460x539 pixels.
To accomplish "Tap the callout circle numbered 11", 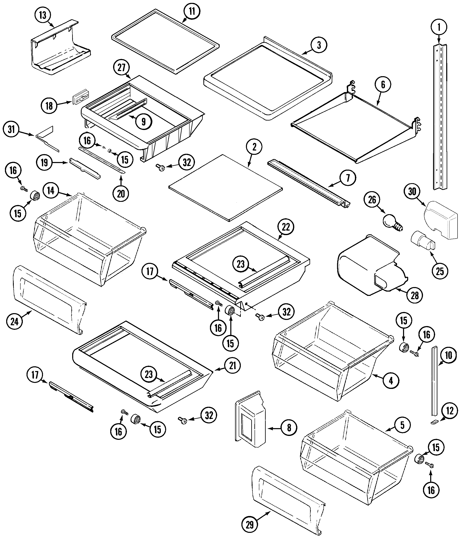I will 192,12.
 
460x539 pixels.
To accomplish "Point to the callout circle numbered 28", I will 415,295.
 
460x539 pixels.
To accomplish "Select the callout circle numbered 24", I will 15,322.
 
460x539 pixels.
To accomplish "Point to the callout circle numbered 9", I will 144,121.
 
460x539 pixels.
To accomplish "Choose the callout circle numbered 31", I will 11,129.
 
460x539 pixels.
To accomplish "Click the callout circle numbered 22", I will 286,227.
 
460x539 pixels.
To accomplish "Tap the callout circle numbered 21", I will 232,365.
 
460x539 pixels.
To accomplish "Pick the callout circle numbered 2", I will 254,147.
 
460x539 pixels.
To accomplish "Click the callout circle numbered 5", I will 402,425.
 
